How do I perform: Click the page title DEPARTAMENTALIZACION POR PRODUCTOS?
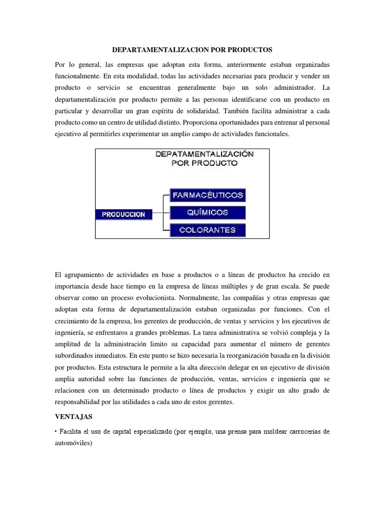(192, 51)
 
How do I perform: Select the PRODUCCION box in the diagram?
(123, 214)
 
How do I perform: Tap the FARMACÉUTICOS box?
(208, 195)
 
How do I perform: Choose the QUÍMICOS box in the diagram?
(208, 212)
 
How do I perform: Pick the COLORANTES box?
(208, 230)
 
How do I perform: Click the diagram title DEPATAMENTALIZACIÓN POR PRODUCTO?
(204, 158)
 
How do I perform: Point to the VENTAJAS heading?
(72, 417)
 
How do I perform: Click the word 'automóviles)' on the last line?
(73, 444)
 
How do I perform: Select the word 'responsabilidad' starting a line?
(78, 403)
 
